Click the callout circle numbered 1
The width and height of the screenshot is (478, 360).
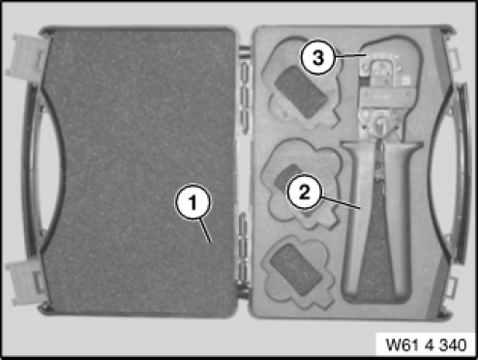pyautogui.click(x=194, y=202)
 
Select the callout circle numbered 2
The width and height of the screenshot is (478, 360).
pyautogui.click(x=304, y=192)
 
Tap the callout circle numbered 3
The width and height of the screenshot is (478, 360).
pyautogui.click(x=317, y=58)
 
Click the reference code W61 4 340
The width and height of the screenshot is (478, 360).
pyautogui.click(x=426, y=345)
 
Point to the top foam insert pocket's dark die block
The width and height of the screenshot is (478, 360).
pyautogui.click(x=301, y=92)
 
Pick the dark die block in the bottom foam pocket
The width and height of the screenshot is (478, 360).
pyautogui.click(x=296, y=269)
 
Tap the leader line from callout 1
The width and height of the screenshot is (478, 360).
pyautogui.click(x=204, y=230)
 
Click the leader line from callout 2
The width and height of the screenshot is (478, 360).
pyautogui.click(x=340, y=202)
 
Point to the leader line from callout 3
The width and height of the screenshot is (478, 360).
pyautogui.click(x=350, y=56)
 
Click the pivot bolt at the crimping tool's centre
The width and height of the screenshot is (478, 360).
pyautogui.click(x=381, y=122)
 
